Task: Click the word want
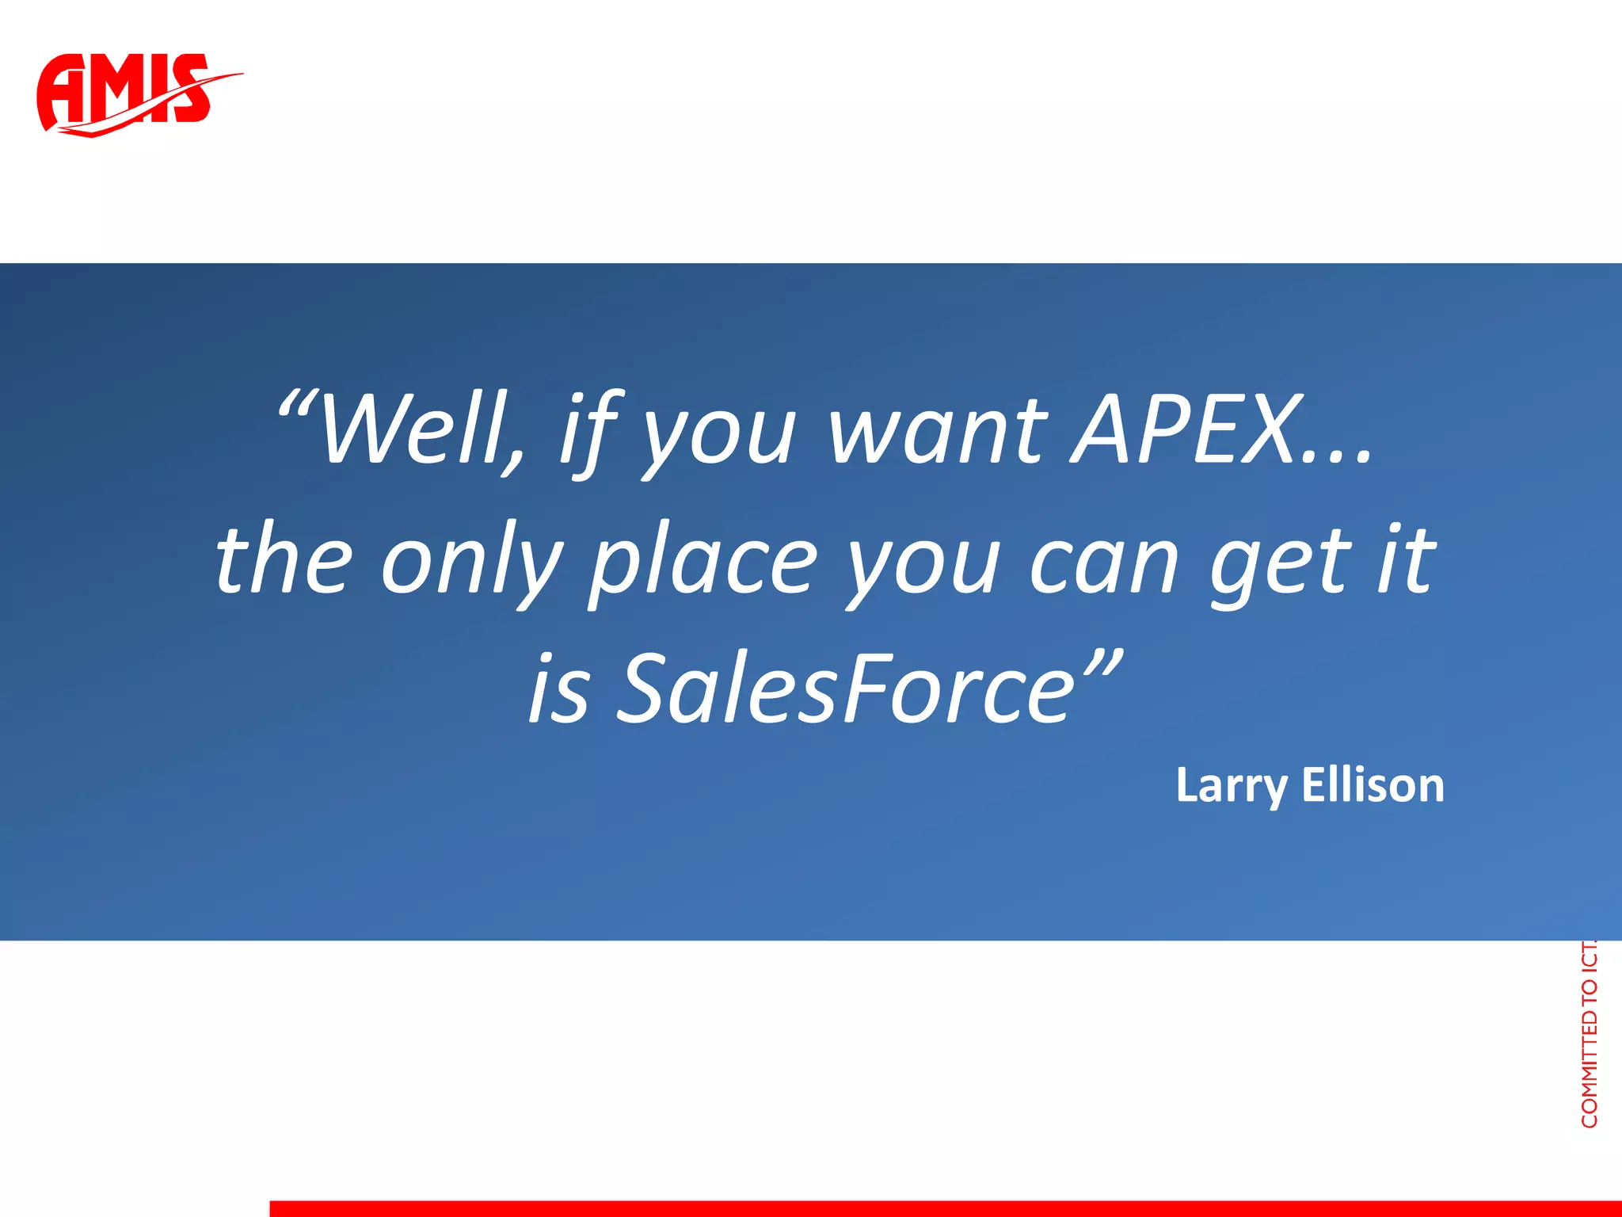[939, 432]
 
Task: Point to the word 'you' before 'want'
[717, 436]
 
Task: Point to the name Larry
[1232, 786]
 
